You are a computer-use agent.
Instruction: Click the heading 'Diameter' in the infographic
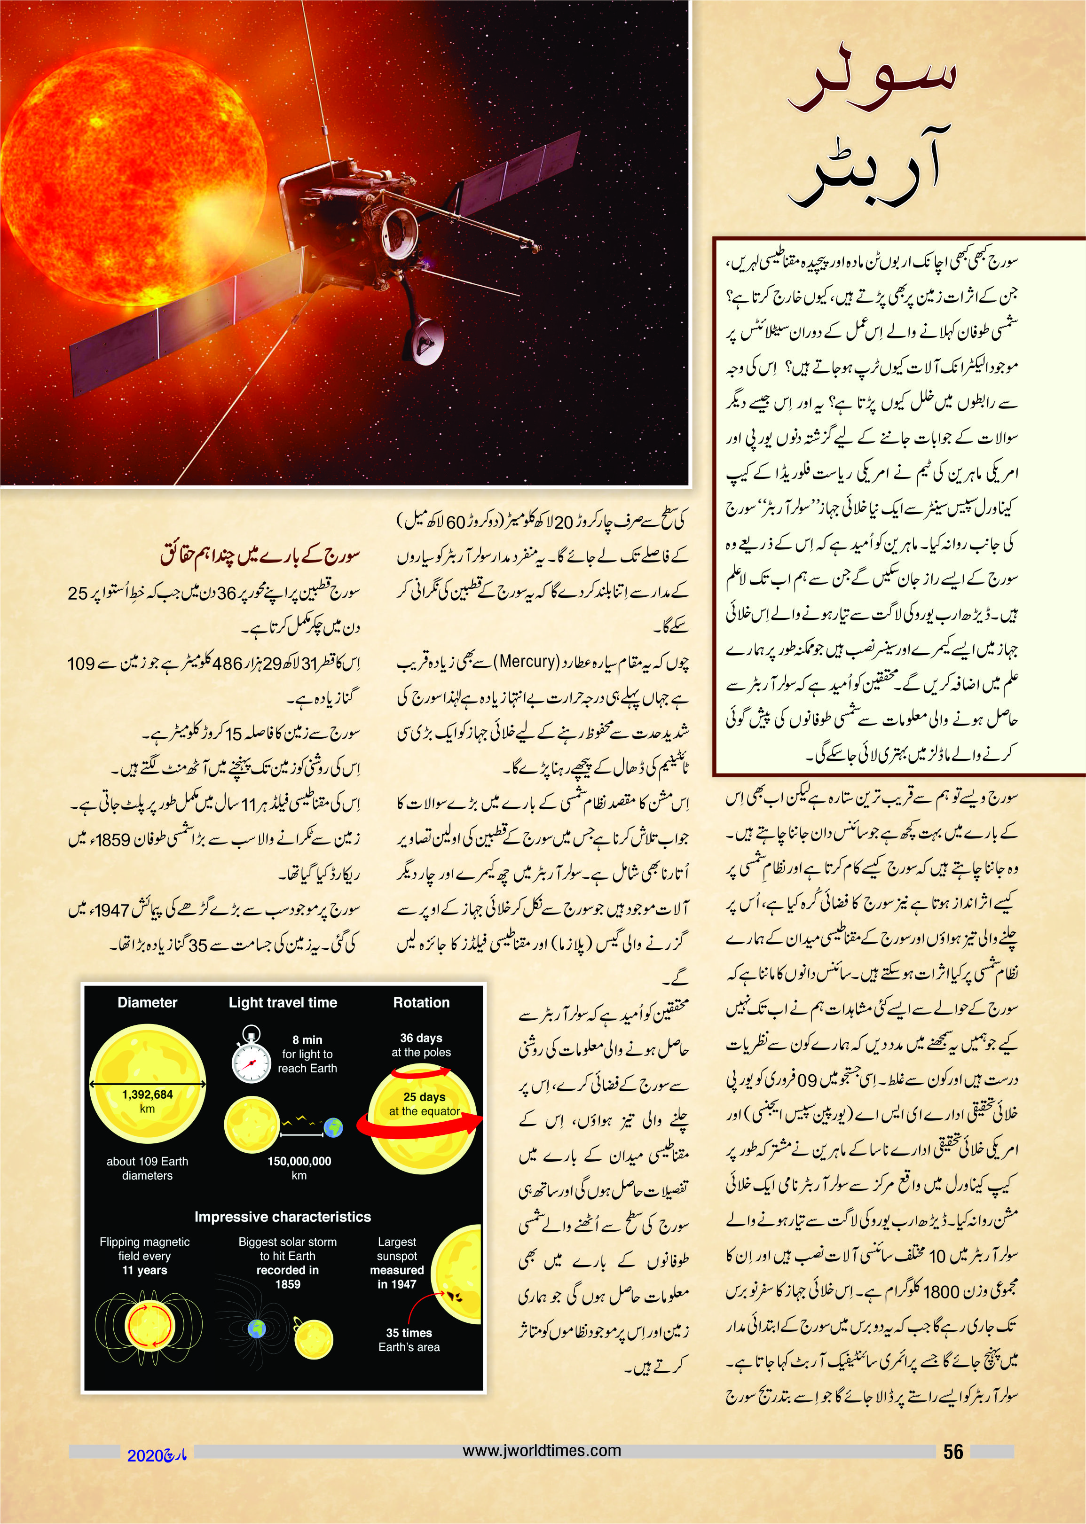click(x=147, y=1003)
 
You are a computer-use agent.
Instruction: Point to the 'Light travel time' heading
click(x=283, y=1003)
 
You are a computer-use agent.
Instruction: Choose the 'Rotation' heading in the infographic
click(x=421, y=1003)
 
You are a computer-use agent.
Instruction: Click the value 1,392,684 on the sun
click(x=147, y=1094)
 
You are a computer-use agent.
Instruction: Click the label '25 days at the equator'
click(x=424, y=1103)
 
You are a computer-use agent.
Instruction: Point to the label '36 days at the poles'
click(x=421, y=1045)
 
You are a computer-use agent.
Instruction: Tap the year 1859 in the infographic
click(x=288, y=1284)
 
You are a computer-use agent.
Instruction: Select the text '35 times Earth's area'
click(x=409, y=1339)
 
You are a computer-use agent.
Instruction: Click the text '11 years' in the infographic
click(x=144, y=1270)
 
